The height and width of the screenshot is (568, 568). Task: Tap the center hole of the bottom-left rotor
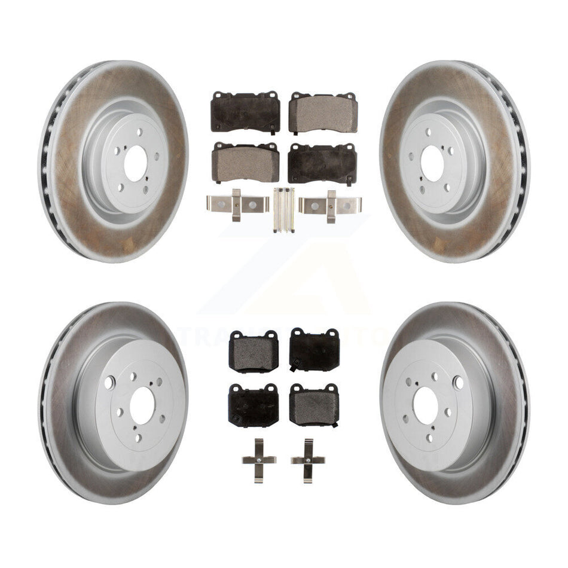coord(142,408)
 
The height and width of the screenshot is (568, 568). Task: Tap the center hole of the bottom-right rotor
coord(425,408)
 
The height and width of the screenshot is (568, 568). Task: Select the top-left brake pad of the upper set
coord(245,112)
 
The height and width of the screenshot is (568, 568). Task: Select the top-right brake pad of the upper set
coord(323,112)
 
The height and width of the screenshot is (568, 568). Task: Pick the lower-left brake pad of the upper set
coord(245,163)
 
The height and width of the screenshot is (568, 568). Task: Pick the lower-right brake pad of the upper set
coord(323,163)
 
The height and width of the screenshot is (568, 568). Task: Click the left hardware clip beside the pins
coord(236,205)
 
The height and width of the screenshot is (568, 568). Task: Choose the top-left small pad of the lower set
coord(254,352)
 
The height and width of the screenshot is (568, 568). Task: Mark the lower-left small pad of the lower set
coord(252,404)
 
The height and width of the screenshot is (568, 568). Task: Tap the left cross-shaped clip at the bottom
coord(258,460)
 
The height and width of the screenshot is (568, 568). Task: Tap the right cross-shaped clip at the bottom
coord(308,460)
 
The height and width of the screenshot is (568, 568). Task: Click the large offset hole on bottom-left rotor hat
coord(109,383)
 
